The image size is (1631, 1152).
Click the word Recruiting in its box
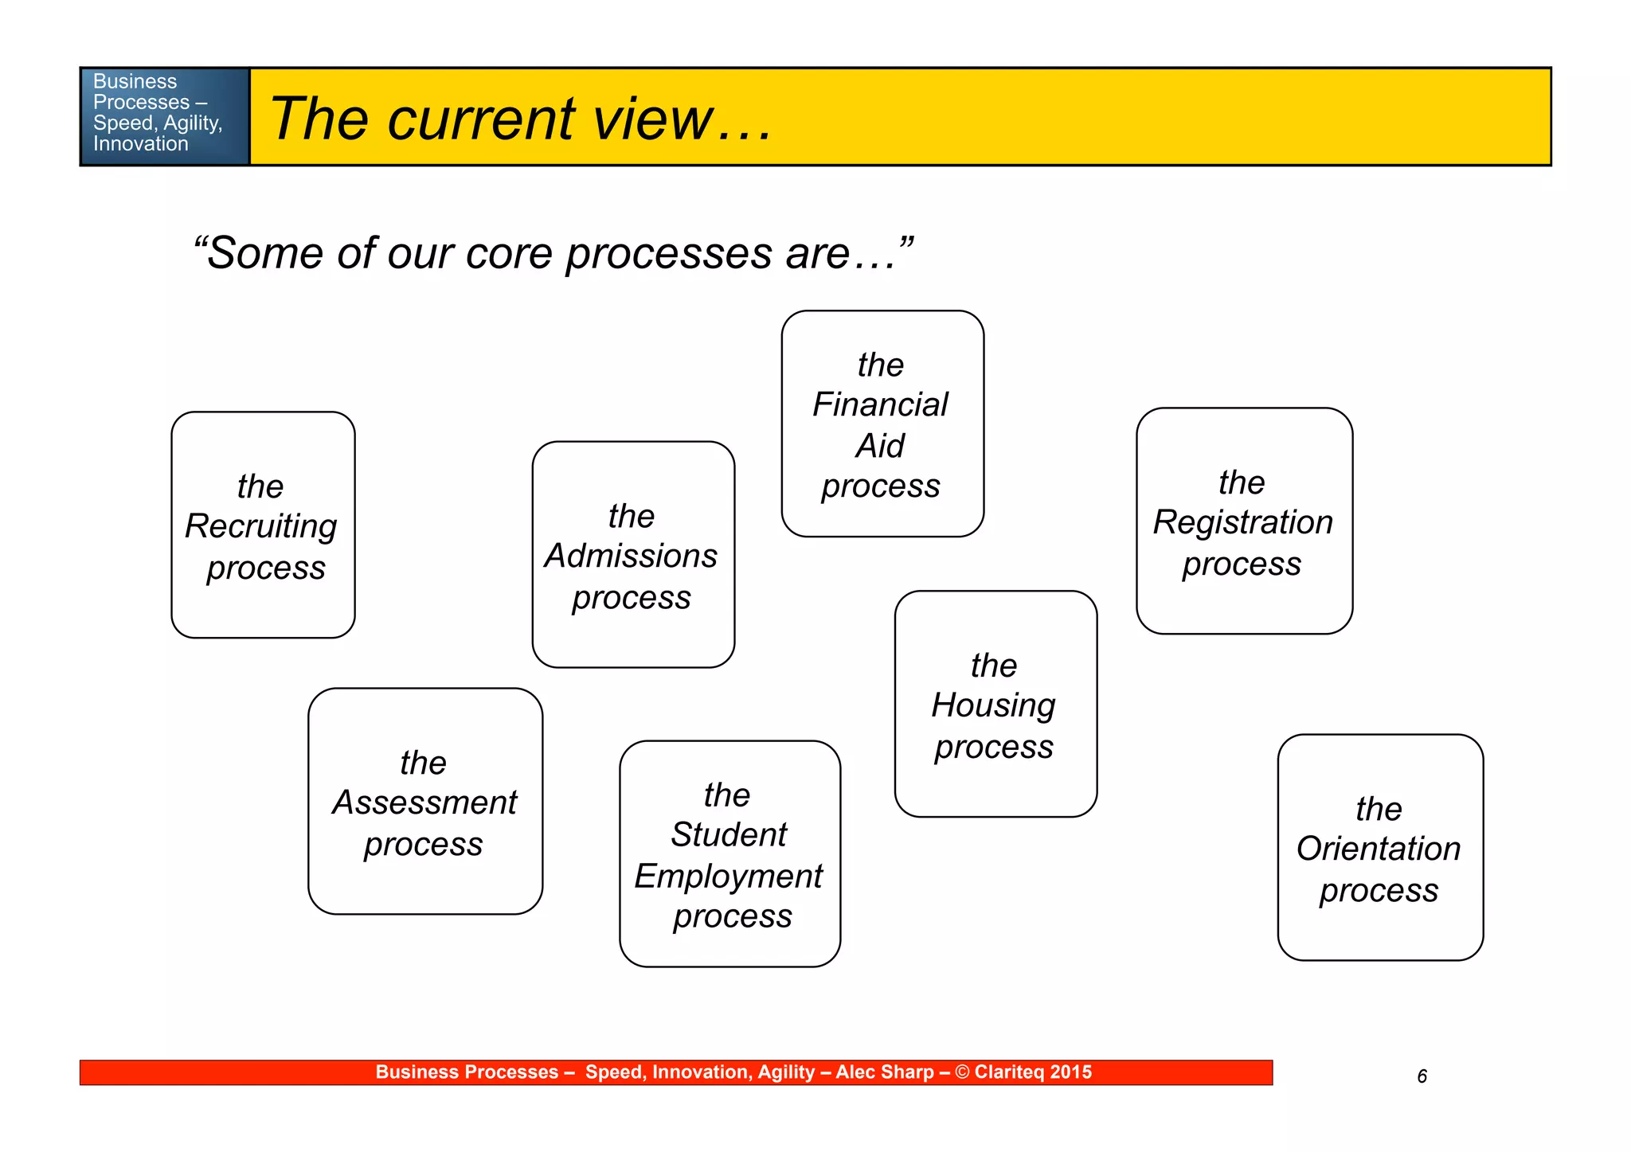[261, 527]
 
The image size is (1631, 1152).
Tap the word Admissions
[631, 556]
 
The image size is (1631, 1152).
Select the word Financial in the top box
[880, 405]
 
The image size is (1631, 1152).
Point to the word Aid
[880, 446]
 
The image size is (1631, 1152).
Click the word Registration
[1242, 523]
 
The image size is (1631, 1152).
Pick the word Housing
[993, 706]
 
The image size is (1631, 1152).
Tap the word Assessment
[424, 802]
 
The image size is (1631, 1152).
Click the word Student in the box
[728, 835]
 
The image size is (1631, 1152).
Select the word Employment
[728, 877]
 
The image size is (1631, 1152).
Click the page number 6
[1422, 1076]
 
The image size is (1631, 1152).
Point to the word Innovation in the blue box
[140, 144]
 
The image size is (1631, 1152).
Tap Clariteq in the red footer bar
[1009, 1072]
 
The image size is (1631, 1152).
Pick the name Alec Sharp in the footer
[884, 1072]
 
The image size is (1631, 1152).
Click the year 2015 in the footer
[1070, 1072]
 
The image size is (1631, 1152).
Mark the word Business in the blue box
[135, 81]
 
